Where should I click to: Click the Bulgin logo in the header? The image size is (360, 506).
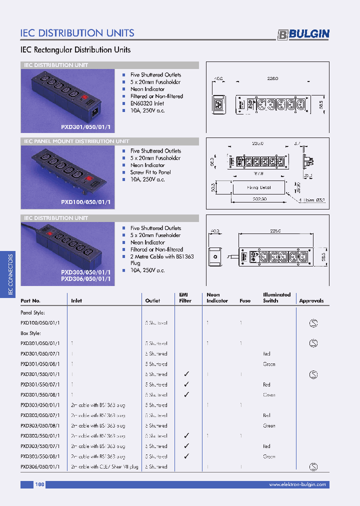pos(303,33)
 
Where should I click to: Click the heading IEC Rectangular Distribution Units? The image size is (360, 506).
pos(75,50)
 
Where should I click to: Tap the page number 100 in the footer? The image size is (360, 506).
pos(40,484)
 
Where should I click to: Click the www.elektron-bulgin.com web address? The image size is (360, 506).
pos(297,484)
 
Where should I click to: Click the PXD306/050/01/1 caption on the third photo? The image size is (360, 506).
pos(85,279)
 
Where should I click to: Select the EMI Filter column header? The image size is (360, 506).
pos(185,297)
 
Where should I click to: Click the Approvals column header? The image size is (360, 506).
pos(311,301)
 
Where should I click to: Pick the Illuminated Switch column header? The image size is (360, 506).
pos(276,297)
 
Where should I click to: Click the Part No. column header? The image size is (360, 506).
pos(30,301)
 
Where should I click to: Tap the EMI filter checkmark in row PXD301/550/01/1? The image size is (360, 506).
pos(186,374)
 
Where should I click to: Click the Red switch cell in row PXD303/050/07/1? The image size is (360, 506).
pos(266,415)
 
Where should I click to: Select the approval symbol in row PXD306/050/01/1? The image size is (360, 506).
pos(313,466)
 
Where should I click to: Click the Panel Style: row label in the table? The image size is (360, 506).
pos(33,312)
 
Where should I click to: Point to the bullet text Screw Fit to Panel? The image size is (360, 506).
pos(150,172)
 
